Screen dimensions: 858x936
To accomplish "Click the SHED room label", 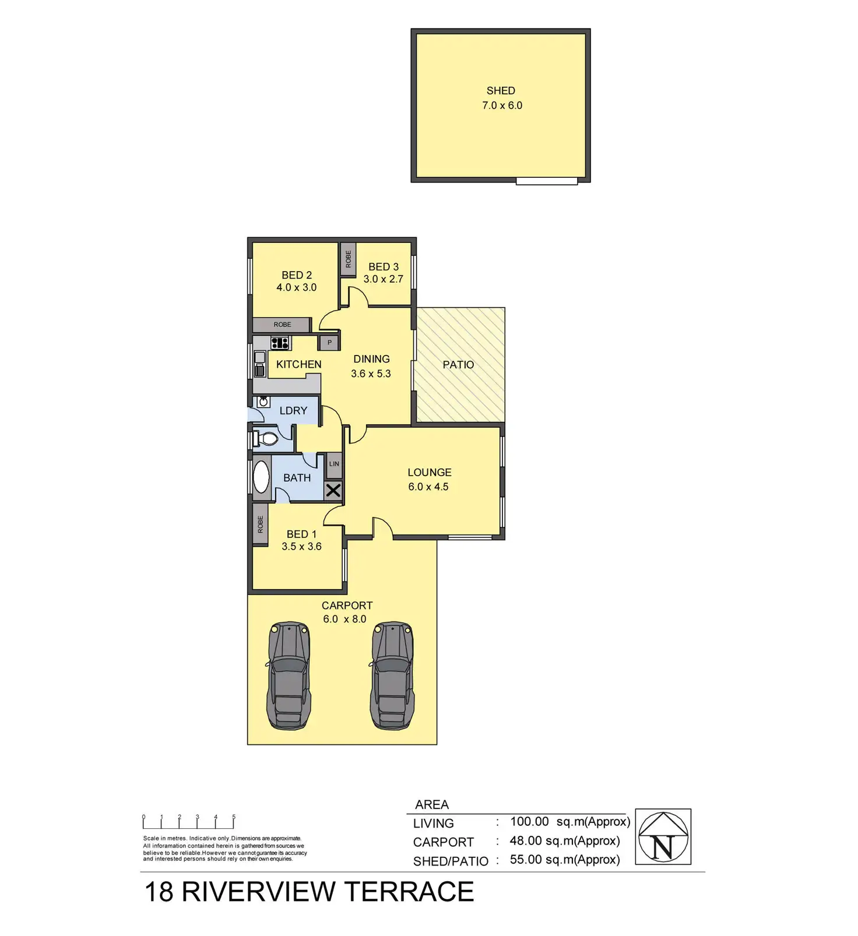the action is pyautogui.click(x=501, y=91).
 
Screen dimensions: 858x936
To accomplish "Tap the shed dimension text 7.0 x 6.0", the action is pyautogui.click(x=502, y=105).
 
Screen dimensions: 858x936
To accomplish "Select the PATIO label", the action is pyautogui.click(x=458, y=365).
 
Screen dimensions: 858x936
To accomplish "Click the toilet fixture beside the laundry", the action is pyautogui.click(x=266, y=438).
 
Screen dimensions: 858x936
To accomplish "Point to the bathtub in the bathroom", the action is pyautogui.click(x=261, y=477).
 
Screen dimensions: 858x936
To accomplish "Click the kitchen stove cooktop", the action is pyautogui.click(x=280, y=343).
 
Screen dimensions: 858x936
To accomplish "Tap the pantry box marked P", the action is pyautogui.click(x=329, y=343).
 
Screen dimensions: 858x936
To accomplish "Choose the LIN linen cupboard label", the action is pyautogui.click(x=334, y=464).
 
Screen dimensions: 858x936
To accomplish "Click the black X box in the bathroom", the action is pyautogui.click(x=333, y=491).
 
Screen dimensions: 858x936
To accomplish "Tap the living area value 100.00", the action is pyautogui.click(x=529, y=822).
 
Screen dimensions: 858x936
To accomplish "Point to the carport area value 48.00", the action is pyautogui.click(x=526, y=841).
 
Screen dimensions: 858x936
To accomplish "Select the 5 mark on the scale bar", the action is pyautogui.click(x=234, y=817).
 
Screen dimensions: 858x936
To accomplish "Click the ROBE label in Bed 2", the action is pyautogui.click(x=282, y=325).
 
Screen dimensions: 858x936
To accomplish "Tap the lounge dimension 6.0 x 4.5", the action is pyautogui.click(x=428, y=487).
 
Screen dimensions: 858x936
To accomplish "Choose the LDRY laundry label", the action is pyautogui.click(x=293, y=411).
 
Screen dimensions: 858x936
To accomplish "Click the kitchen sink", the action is pyautogui.click(x=260, y=364).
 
